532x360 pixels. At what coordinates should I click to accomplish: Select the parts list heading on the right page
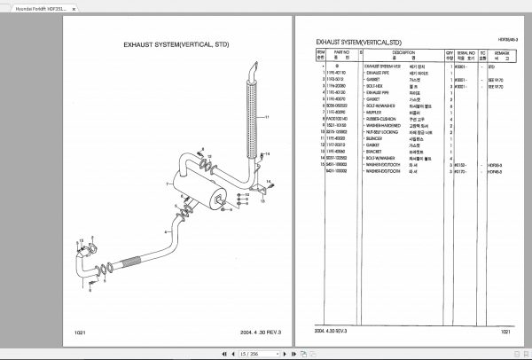358,42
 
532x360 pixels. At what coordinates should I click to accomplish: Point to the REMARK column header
501,55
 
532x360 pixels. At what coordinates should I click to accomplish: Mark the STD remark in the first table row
491,67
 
